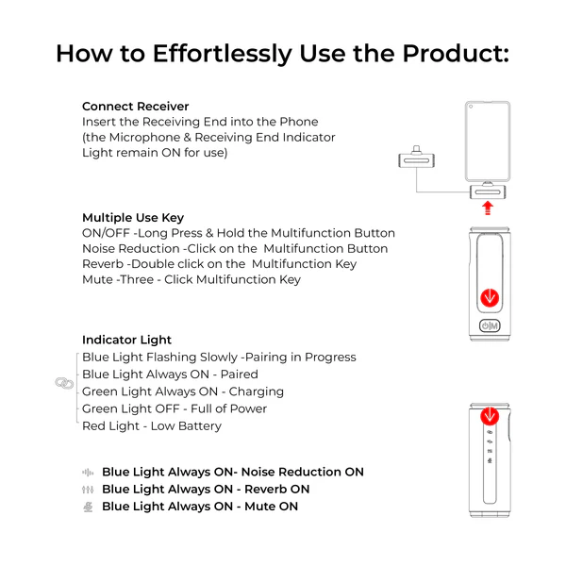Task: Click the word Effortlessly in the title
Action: [223, 54]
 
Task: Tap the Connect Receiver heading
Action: [135, 106]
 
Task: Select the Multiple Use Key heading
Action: [133, 218]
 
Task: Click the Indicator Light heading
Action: [126, 340]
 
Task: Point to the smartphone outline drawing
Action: [488, 141]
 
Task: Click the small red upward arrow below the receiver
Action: [488, 208]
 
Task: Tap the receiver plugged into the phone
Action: [488, 191]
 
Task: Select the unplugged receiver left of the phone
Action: [416, 158]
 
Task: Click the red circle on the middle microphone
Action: [490, 298]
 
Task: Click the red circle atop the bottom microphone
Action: [490, 416]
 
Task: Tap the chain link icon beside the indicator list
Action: [64, 383]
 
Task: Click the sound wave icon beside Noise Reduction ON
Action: [88, 473]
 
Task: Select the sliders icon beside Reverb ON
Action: [88, 490]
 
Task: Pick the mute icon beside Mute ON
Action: [88, 507]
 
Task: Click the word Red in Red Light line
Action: [93, 426]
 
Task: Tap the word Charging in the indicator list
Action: [257, 392]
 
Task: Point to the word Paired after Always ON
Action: [240, 375]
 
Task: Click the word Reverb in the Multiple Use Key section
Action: [103, 264]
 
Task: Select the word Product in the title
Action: [456, 54]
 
